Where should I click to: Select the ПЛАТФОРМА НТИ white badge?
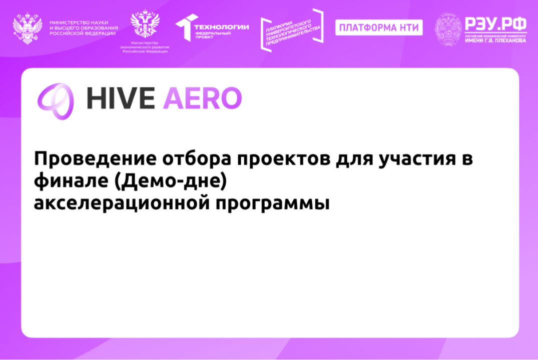[378, 27]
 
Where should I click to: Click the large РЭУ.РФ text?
[495, 23]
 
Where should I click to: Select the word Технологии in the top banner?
[221, 26]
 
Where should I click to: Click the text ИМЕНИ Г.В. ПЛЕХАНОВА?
[495, 41]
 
